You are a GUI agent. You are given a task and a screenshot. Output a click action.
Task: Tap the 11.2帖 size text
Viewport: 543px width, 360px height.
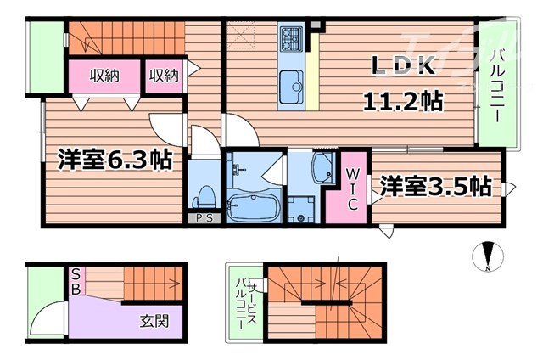[x=402, y=101]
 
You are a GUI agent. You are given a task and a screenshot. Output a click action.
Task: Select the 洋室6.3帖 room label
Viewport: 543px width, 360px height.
[x=115, y=159]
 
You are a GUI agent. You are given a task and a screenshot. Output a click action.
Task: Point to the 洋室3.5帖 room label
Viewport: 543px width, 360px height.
[x=435, y=184]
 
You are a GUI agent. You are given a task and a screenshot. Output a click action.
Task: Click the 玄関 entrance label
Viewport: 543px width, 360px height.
[x=155, y=320]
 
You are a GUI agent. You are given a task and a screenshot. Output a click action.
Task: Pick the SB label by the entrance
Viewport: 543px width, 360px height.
[x=76, y=281]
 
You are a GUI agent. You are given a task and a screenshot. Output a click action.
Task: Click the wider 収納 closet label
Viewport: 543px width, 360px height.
[x=106, y=76]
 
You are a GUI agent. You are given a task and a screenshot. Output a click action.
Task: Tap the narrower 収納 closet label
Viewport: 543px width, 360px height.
[x=165, y=76]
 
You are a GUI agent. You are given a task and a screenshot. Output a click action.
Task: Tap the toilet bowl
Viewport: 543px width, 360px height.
[x=203, y=195]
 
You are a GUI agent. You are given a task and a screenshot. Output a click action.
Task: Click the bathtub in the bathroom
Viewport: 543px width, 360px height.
[x=252, y=206]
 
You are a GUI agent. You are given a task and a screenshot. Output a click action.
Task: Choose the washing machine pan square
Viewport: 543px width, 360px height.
[x=299, y=207]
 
